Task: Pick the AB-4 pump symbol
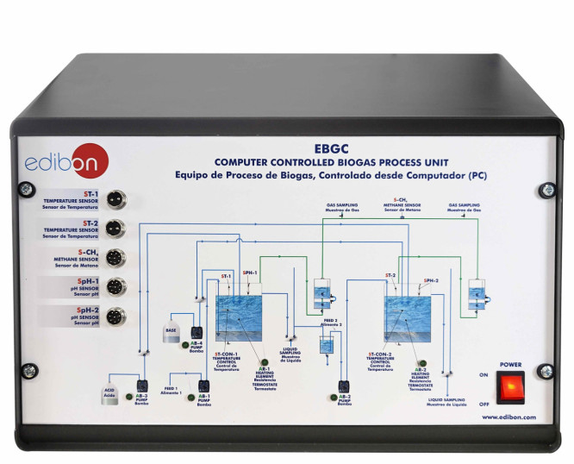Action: tap(197, 332)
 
